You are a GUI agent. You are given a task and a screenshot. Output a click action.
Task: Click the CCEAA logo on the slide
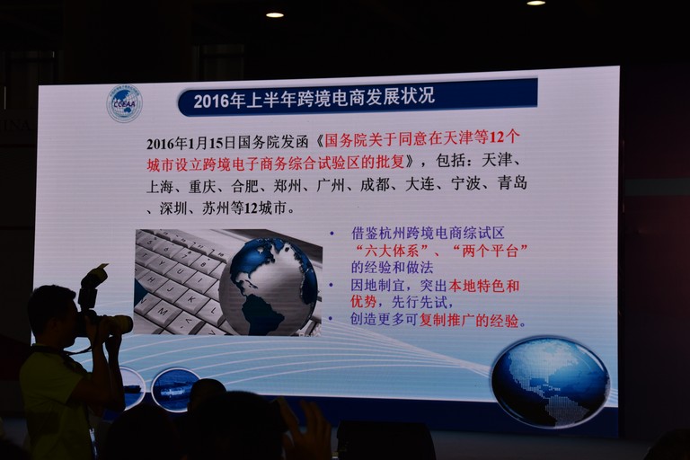tap(125, 104)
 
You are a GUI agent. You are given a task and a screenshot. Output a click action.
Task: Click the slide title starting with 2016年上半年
tap(314, 98)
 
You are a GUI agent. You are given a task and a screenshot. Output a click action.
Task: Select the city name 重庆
tap(202, 187)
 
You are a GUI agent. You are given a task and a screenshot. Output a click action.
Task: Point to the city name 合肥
tap(244, 186)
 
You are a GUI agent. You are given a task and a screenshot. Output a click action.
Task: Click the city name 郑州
tap(287, 186)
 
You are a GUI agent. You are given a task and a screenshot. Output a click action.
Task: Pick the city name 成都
tap(375, 185)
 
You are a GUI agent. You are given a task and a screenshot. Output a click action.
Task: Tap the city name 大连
tap(420, 184)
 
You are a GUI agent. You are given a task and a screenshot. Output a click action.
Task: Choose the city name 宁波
tap(465, 183)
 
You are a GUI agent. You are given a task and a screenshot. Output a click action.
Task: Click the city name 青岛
tap(512, 182)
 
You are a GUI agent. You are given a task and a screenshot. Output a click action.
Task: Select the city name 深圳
tap(173, 208)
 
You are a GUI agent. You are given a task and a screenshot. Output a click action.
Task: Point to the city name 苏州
tap(216, 208)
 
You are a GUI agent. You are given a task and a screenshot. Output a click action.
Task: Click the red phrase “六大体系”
tap(392, 251)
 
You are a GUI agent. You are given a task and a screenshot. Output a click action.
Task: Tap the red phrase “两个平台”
tap(490, 251)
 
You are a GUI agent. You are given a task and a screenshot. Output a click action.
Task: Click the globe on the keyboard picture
tap(268, 285)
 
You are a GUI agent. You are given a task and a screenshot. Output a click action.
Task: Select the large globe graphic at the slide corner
tap(550, 381)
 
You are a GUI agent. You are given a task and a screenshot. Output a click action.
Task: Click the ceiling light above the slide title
tap(275, 15)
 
